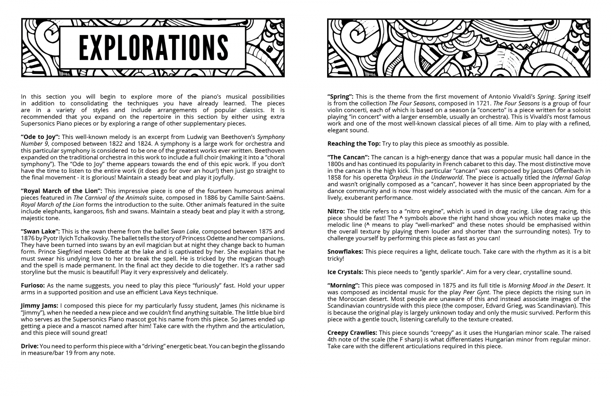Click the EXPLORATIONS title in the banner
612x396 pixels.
(x=153, y=47)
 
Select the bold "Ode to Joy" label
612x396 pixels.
(x=40, y=137)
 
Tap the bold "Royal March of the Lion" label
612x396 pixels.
(x=61, y=191)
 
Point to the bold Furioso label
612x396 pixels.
(x=33, y=286)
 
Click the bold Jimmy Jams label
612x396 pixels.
(x=39, y=306)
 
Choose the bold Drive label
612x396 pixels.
(x=30, y=346)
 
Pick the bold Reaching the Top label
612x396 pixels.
(x=354, y=143)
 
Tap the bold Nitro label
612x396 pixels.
(x=336, y=211)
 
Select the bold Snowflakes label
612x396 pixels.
(x=345, y=252)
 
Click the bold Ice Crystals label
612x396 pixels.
(x=345, y=272)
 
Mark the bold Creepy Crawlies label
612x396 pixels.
(x=352, y=333)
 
